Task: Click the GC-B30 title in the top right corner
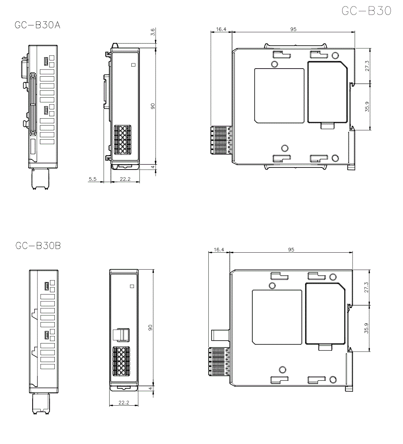tap(366, 11)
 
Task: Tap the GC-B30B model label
tap(38, 245)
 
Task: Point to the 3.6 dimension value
tap(152, 32)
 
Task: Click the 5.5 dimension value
tap(92, 179)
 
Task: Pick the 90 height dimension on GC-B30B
tap(150, 327)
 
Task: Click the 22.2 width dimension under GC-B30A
tap(125, 179)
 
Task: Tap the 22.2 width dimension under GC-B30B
tap(124, 402)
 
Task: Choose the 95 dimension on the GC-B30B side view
tap(291, 250)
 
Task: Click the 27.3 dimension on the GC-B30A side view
tap(366, 66)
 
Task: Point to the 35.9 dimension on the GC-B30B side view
tap(366, 328)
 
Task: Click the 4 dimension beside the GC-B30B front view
tap(150, 388)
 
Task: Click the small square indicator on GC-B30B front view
tap(131, 286)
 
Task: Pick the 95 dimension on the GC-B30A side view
tap(293, 29)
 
